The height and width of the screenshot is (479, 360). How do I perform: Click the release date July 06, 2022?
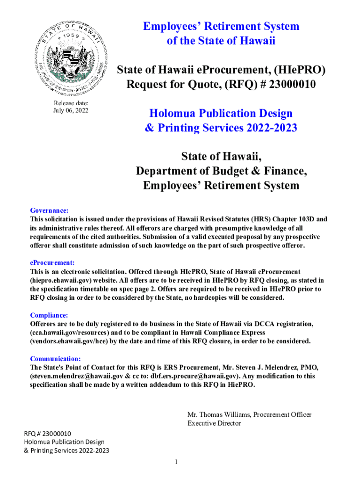click(71, 111)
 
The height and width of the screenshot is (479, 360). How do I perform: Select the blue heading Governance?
click(50, 210)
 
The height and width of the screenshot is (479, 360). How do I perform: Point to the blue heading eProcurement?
click(52, 263)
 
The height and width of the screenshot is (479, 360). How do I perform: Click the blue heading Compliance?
click(49, 315)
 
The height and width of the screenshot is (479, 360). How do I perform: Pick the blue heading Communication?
click(55, 359)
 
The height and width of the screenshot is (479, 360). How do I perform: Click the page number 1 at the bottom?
click(176, 463)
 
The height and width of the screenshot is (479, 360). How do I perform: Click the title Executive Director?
click(214, 423)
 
